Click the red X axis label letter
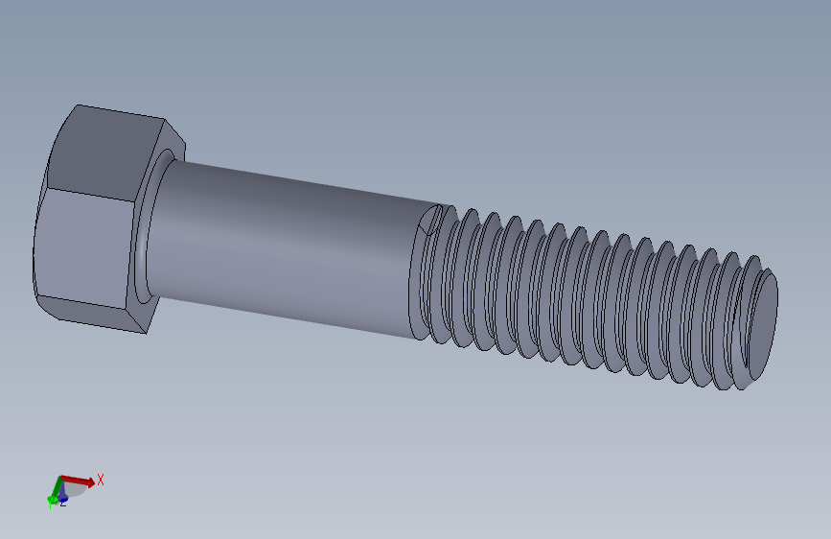tap(100, 480)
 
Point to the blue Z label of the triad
tap(63, 502)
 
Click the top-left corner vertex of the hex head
tap(77, 105)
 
